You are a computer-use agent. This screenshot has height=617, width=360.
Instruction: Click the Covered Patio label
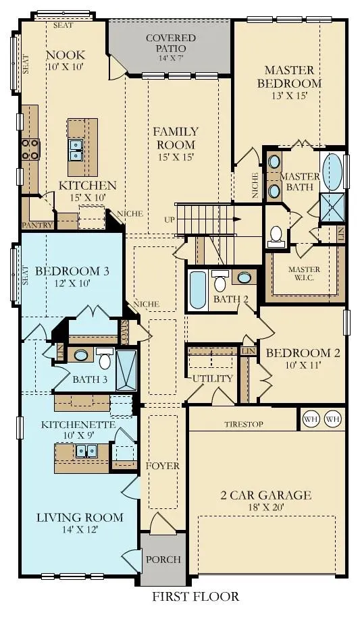pyautogui.click(x=171, y=43)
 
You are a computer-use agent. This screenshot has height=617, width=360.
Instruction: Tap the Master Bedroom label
pyautogui.click(x=290, y=77)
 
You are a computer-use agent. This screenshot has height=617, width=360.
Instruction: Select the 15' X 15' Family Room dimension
pyautogui.click(x=176, y=157)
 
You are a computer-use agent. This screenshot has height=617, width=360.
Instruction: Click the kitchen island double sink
pyautogui.click(x=77, y=150)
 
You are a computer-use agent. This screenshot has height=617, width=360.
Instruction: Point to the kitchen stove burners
pyautogui.click(x=30, y=150)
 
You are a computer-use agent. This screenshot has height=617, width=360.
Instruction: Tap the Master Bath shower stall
pyautogui.click(x=333, y=207)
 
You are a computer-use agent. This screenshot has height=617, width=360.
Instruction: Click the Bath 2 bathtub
pyautogui.click(x=198, y=290)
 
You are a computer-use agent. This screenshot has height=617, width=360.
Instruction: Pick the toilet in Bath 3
pyautogui.click(x=105, y=358)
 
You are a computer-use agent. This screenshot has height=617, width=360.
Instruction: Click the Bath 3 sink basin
pyautogui.click(x=81, y=355)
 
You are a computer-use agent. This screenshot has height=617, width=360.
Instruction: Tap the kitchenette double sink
pyautogui.click(x=86, y=450)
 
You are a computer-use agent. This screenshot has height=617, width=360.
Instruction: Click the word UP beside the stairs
pyautogui.click(x=170, y=219)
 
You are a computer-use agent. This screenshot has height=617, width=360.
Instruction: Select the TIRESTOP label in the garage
pyautogui.click(x=244, y=424)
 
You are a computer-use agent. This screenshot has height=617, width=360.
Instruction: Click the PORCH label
pyautogui.click(x=163, y=560)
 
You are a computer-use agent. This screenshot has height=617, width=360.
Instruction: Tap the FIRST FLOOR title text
pyautogui.click(x=195, y=596)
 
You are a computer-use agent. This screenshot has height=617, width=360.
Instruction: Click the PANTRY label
pyautogui.click(x=37, y=225)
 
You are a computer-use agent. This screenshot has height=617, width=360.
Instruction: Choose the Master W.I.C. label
pyautogui.click(x=304, y=273)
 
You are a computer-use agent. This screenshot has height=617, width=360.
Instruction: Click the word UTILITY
pyautogui.click(x=213, y=379)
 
